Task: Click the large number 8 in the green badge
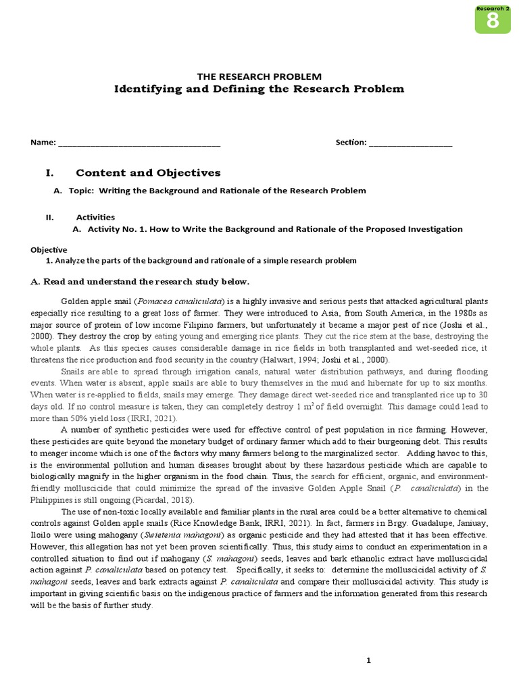(492, 21)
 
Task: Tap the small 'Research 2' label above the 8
(492, 8)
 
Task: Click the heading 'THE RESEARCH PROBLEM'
(259, 76)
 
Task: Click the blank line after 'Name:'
(139, 143)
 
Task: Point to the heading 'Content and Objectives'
(148, 173)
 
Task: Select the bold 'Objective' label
(49, 249)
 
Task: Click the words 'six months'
(466, 382)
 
